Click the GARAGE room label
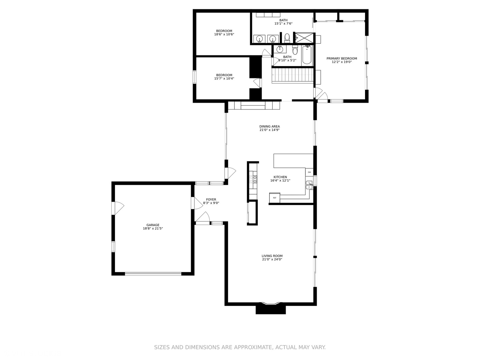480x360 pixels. click(153, 225)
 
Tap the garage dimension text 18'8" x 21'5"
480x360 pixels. click(153, 228)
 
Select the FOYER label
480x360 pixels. click(211, 199)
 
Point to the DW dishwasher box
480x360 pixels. click(309, 172)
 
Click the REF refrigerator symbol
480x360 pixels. click(275, 198)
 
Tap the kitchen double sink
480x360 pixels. click(309, 185)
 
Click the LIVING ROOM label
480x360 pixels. click(272, 256)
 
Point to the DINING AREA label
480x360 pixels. click(269, 126)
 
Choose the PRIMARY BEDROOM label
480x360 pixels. click(342, 58)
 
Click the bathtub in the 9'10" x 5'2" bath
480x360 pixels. click(307, 55)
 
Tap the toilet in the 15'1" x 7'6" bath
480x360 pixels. click(287, 38)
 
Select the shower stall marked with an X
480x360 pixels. click(304, 38)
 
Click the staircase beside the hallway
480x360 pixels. click(293, 76)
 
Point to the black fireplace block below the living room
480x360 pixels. click(271, 309)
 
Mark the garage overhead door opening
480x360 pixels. click(153, 273)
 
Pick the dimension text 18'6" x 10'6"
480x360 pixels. click(224, 34)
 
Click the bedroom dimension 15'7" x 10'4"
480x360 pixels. click(224, 78)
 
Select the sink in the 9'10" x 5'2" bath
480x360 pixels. click(280, 49)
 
